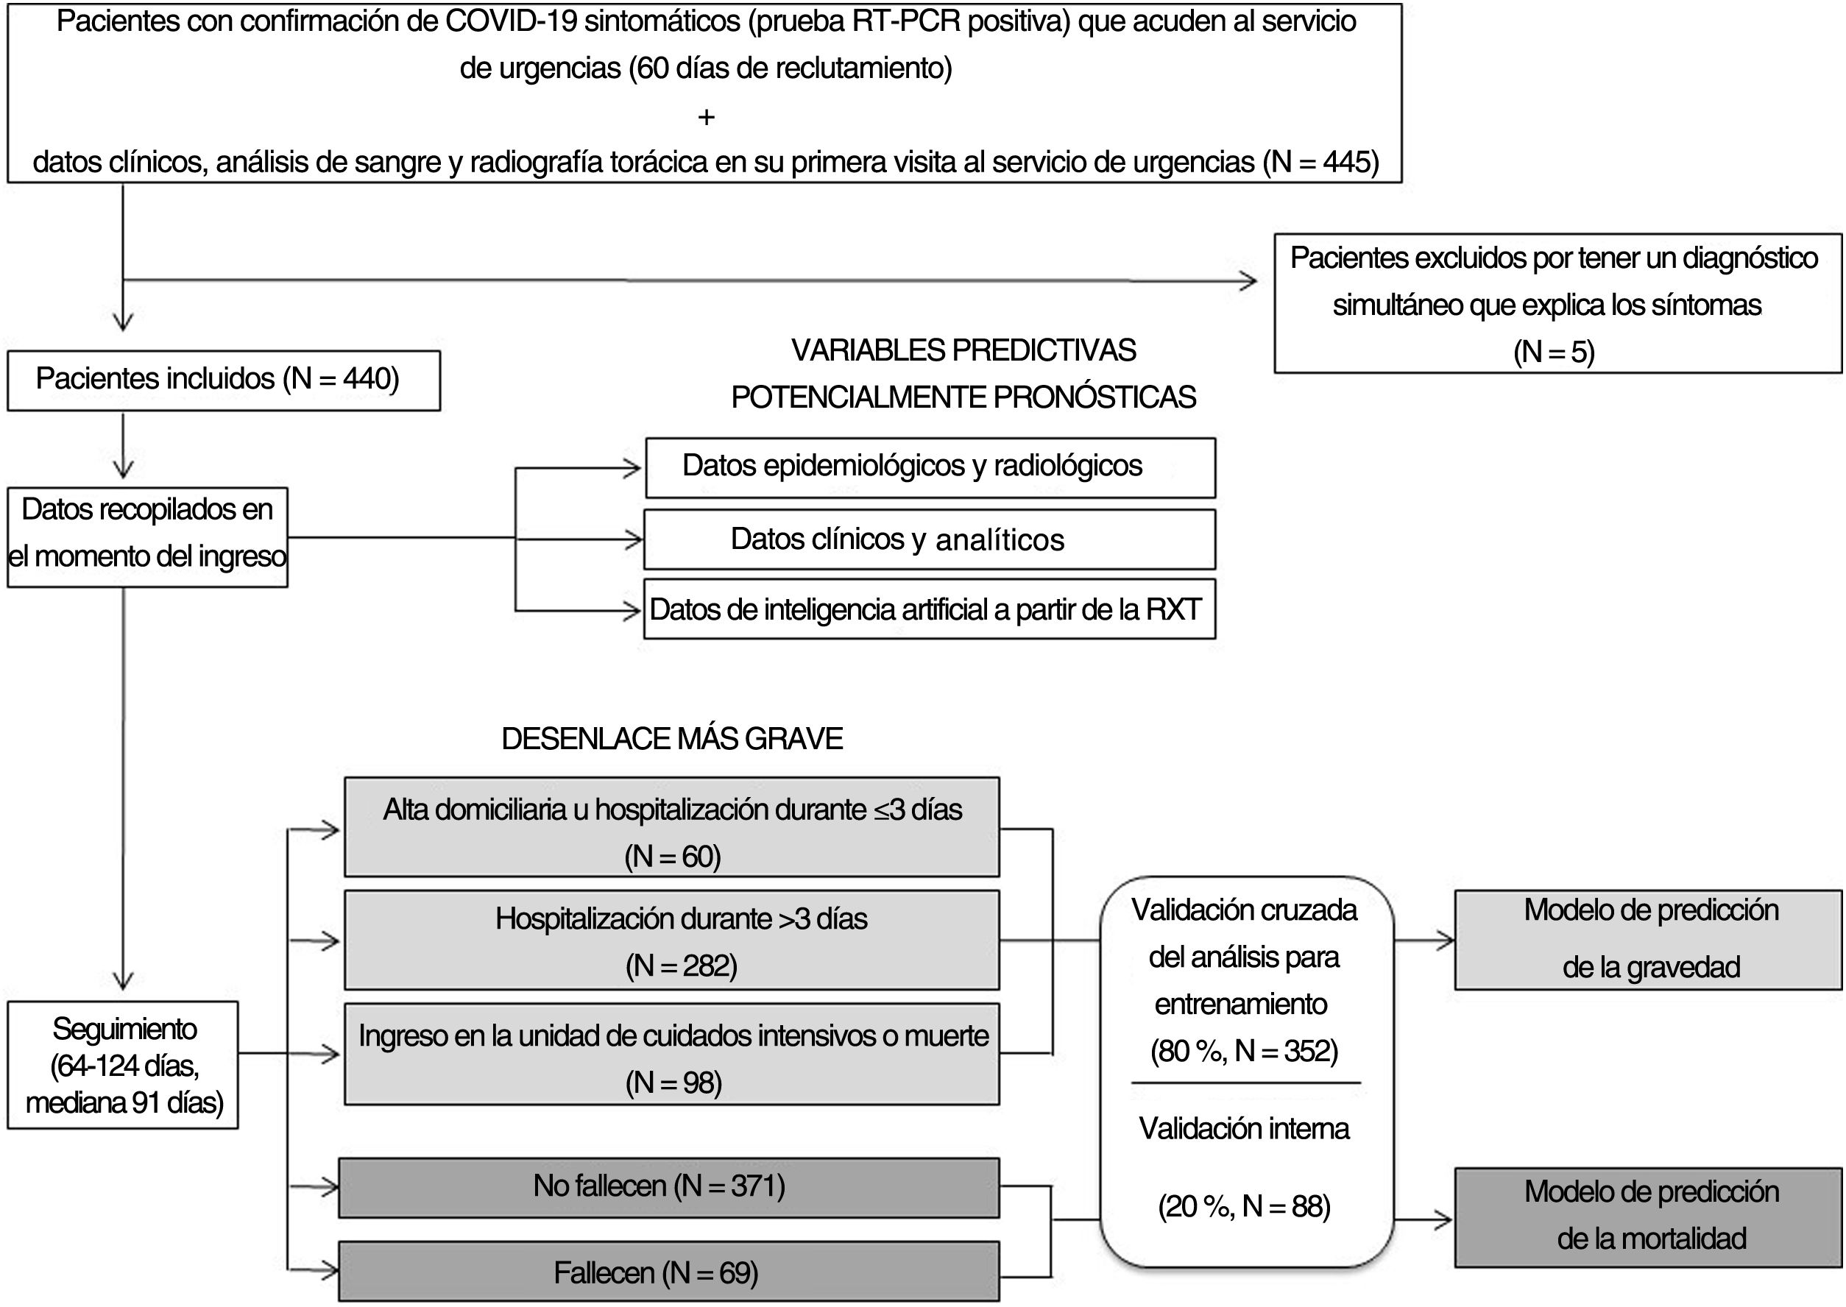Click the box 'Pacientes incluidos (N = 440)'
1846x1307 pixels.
tap(224, 380)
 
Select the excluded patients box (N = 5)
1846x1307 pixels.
tap(1558, 303)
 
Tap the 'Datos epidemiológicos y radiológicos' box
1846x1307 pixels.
tap(930, 467)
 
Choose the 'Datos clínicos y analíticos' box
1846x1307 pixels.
tap(930, 539)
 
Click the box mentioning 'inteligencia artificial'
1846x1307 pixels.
tap(930, 609)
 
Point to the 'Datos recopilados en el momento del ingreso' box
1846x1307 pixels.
tap(147, 536)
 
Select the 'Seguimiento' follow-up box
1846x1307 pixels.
tap(123, 1064)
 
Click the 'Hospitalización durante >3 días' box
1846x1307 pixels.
tap(672, 939)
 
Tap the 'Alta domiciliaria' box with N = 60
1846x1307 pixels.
tap(672, 826)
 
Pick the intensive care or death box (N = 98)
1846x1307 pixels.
tap(672, 1054)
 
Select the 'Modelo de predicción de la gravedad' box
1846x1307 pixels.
tap(1648, 939)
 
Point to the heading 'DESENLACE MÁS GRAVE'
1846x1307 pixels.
tap(672, 739)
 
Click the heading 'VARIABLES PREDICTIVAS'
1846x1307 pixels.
tap(963, 351)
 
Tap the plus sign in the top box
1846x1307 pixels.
tap(706, 118)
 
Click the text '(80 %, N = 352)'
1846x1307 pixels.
tap(1244, 1051)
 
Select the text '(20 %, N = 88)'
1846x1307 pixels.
tap(1244, 1205)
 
